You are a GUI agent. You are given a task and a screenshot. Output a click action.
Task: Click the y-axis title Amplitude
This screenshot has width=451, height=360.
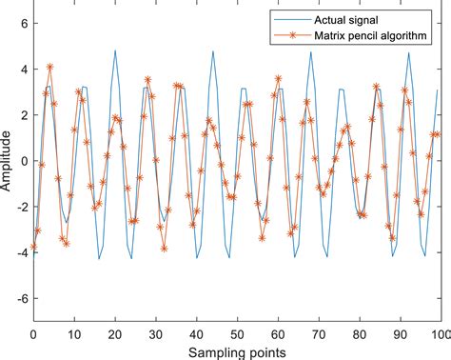[8, 161]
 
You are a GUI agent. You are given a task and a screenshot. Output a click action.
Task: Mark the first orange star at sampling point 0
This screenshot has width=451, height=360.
[33, 247]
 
